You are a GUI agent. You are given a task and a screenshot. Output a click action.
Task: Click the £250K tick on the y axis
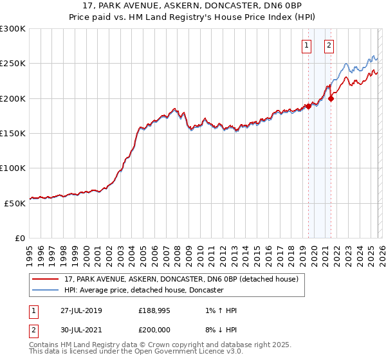14,64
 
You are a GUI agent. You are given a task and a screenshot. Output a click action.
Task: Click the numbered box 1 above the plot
306,46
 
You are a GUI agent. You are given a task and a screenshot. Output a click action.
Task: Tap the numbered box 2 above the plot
329,46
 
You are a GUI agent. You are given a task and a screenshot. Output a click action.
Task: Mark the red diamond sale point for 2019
308,107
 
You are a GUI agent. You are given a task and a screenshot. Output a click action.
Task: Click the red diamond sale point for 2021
331,98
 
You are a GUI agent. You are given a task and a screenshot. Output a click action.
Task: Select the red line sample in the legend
46,280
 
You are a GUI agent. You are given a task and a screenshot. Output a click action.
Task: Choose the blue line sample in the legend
46,291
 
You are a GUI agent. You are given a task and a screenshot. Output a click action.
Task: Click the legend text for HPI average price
143,291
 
